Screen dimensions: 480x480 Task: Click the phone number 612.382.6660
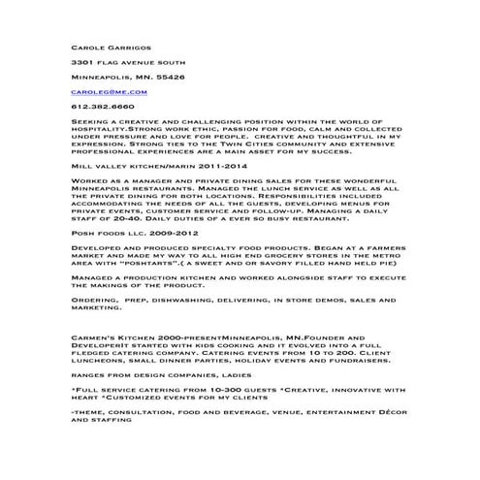pyautogui.click(x=103, y=107)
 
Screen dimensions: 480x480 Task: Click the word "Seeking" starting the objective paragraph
pyautogui.click(x=88, y=121)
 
